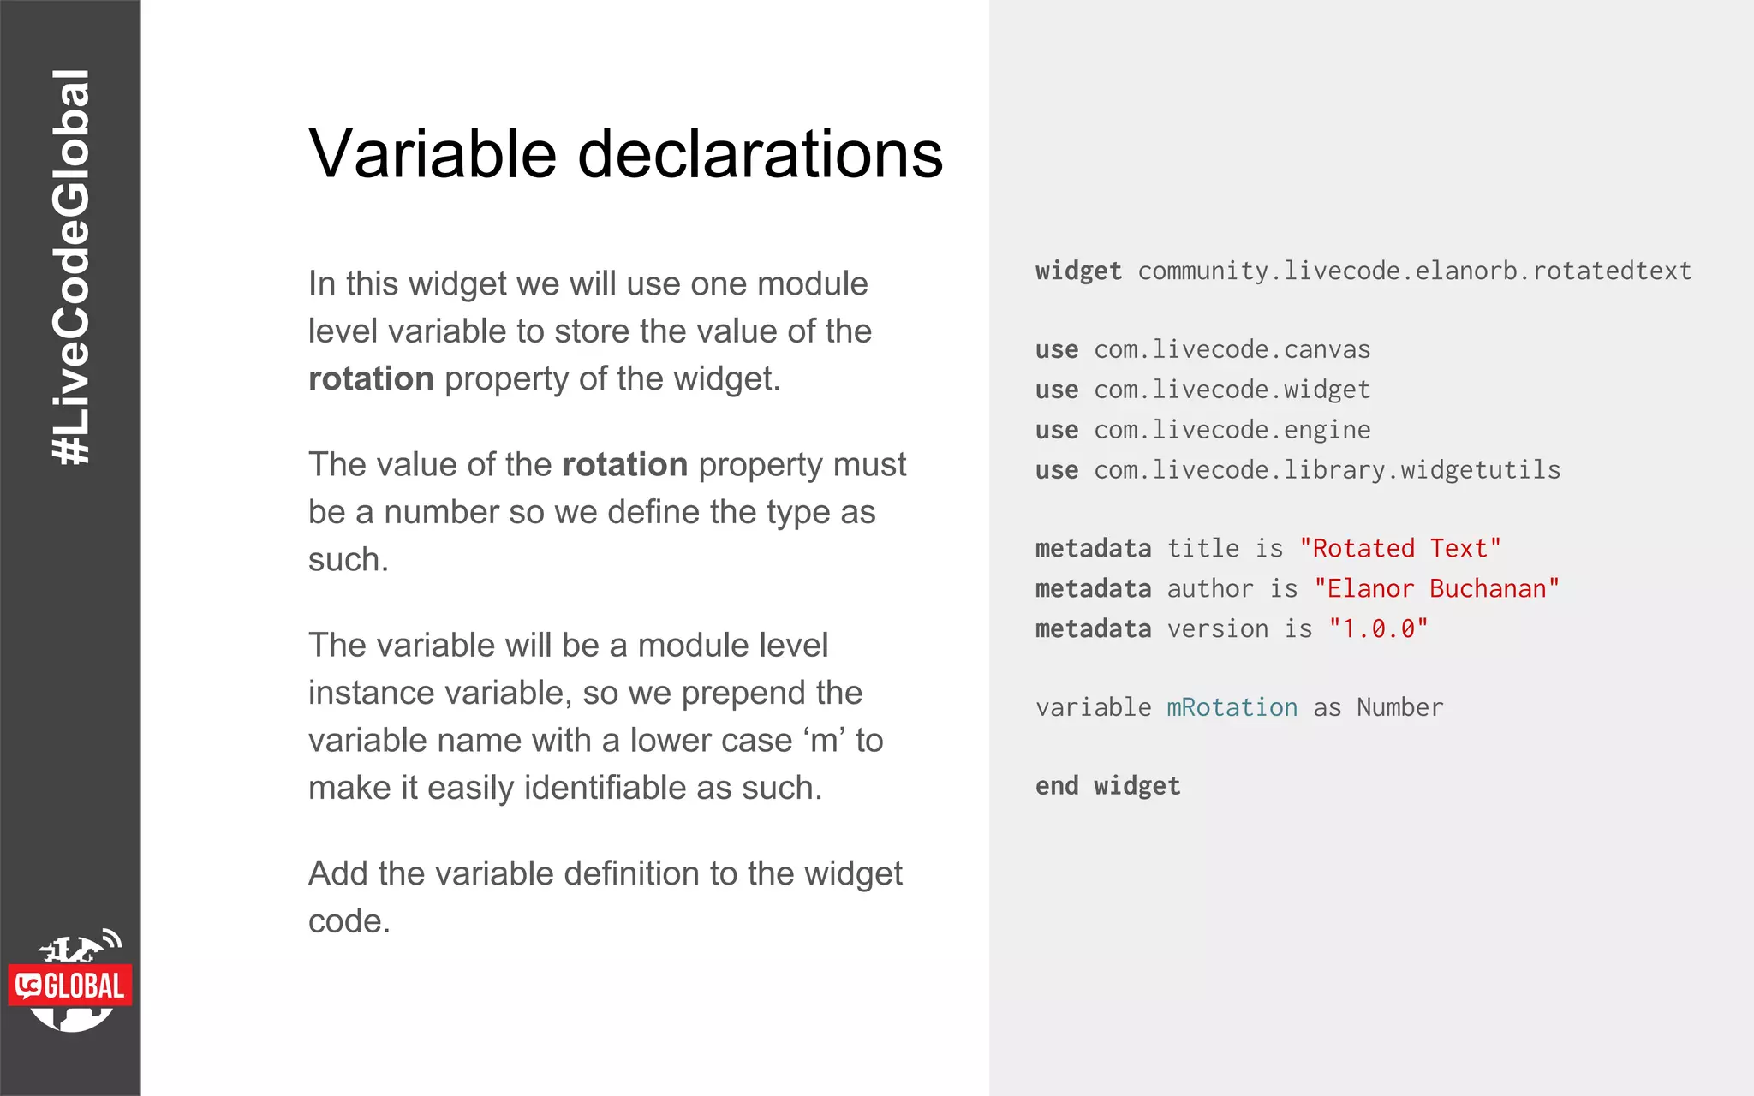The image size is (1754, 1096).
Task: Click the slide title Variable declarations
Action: click(x=625, y=154)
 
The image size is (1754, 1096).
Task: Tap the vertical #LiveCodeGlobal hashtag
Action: click(x=71, y=267)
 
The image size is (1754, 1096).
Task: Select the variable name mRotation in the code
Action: click(x=1232, y=707)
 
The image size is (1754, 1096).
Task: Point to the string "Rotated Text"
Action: click(x=1399, y=548)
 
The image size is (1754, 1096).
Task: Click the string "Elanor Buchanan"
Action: click(x=1436, y=588)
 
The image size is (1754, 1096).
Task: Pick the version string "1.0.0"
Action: click(x=1378, y=628)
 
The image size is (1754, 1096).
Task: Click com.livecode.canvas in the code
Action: click(x=1232, y=349)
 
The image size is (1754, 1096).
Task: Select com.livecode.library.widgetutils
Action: click(x=1327, y=469)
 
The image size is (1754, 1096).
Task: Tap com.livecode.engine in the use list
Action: click(x=1232, y=429)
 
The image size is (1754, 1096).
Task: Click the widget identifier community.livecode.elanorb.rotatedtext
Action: click(x=1414, y=271)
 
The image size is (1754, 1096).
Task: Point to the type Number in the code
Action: click(x=1399, y=707)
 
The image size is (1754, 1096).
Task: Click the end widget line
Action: click(x=1107, y=785)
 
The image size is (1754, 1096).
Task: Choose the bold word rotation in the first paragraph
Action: click(x=371, y=378)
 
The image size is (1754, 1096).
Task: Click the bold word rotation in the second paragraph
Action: click(x=624, y=464)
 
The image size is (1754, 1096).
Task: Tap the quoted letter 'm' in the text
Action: click(x=824, y=740)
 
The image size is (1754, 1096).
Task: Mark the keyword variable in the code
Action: click(x=1093, y=707)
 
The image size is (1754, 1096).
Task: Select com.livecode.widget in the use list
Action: click(x=1232, y=390)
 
